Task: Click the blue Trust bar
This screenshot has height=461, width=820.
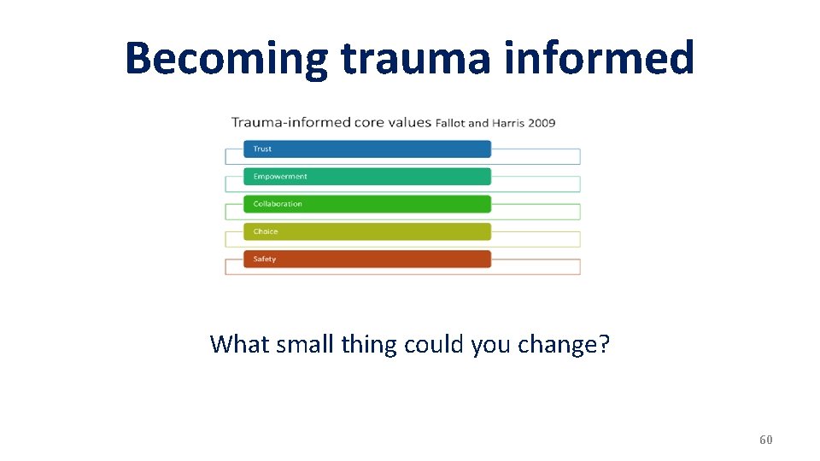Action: click(367, 149)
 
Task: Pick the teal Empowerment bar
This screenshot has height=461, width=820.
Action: click(367, 177)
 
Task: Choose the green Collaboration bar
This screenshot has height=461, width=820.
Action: click(367, 204)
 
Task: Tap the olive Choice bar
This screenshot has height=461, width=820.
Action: click(367, 231)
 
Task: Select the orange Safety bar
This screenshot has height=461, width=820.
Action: click(367, 259)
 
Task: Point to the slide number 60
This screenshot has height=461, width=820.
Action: click(765, 440)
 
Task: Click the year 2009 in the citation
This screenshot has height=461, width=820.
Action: click(542, 123)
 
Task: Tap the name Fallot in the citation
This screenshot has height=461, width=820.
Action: click(451, 123)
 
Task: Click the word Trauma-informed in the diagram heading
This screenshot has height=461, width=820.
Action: click(290, 122)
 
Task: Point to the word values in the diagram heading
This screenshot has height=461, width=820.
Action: click(409, 122)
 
